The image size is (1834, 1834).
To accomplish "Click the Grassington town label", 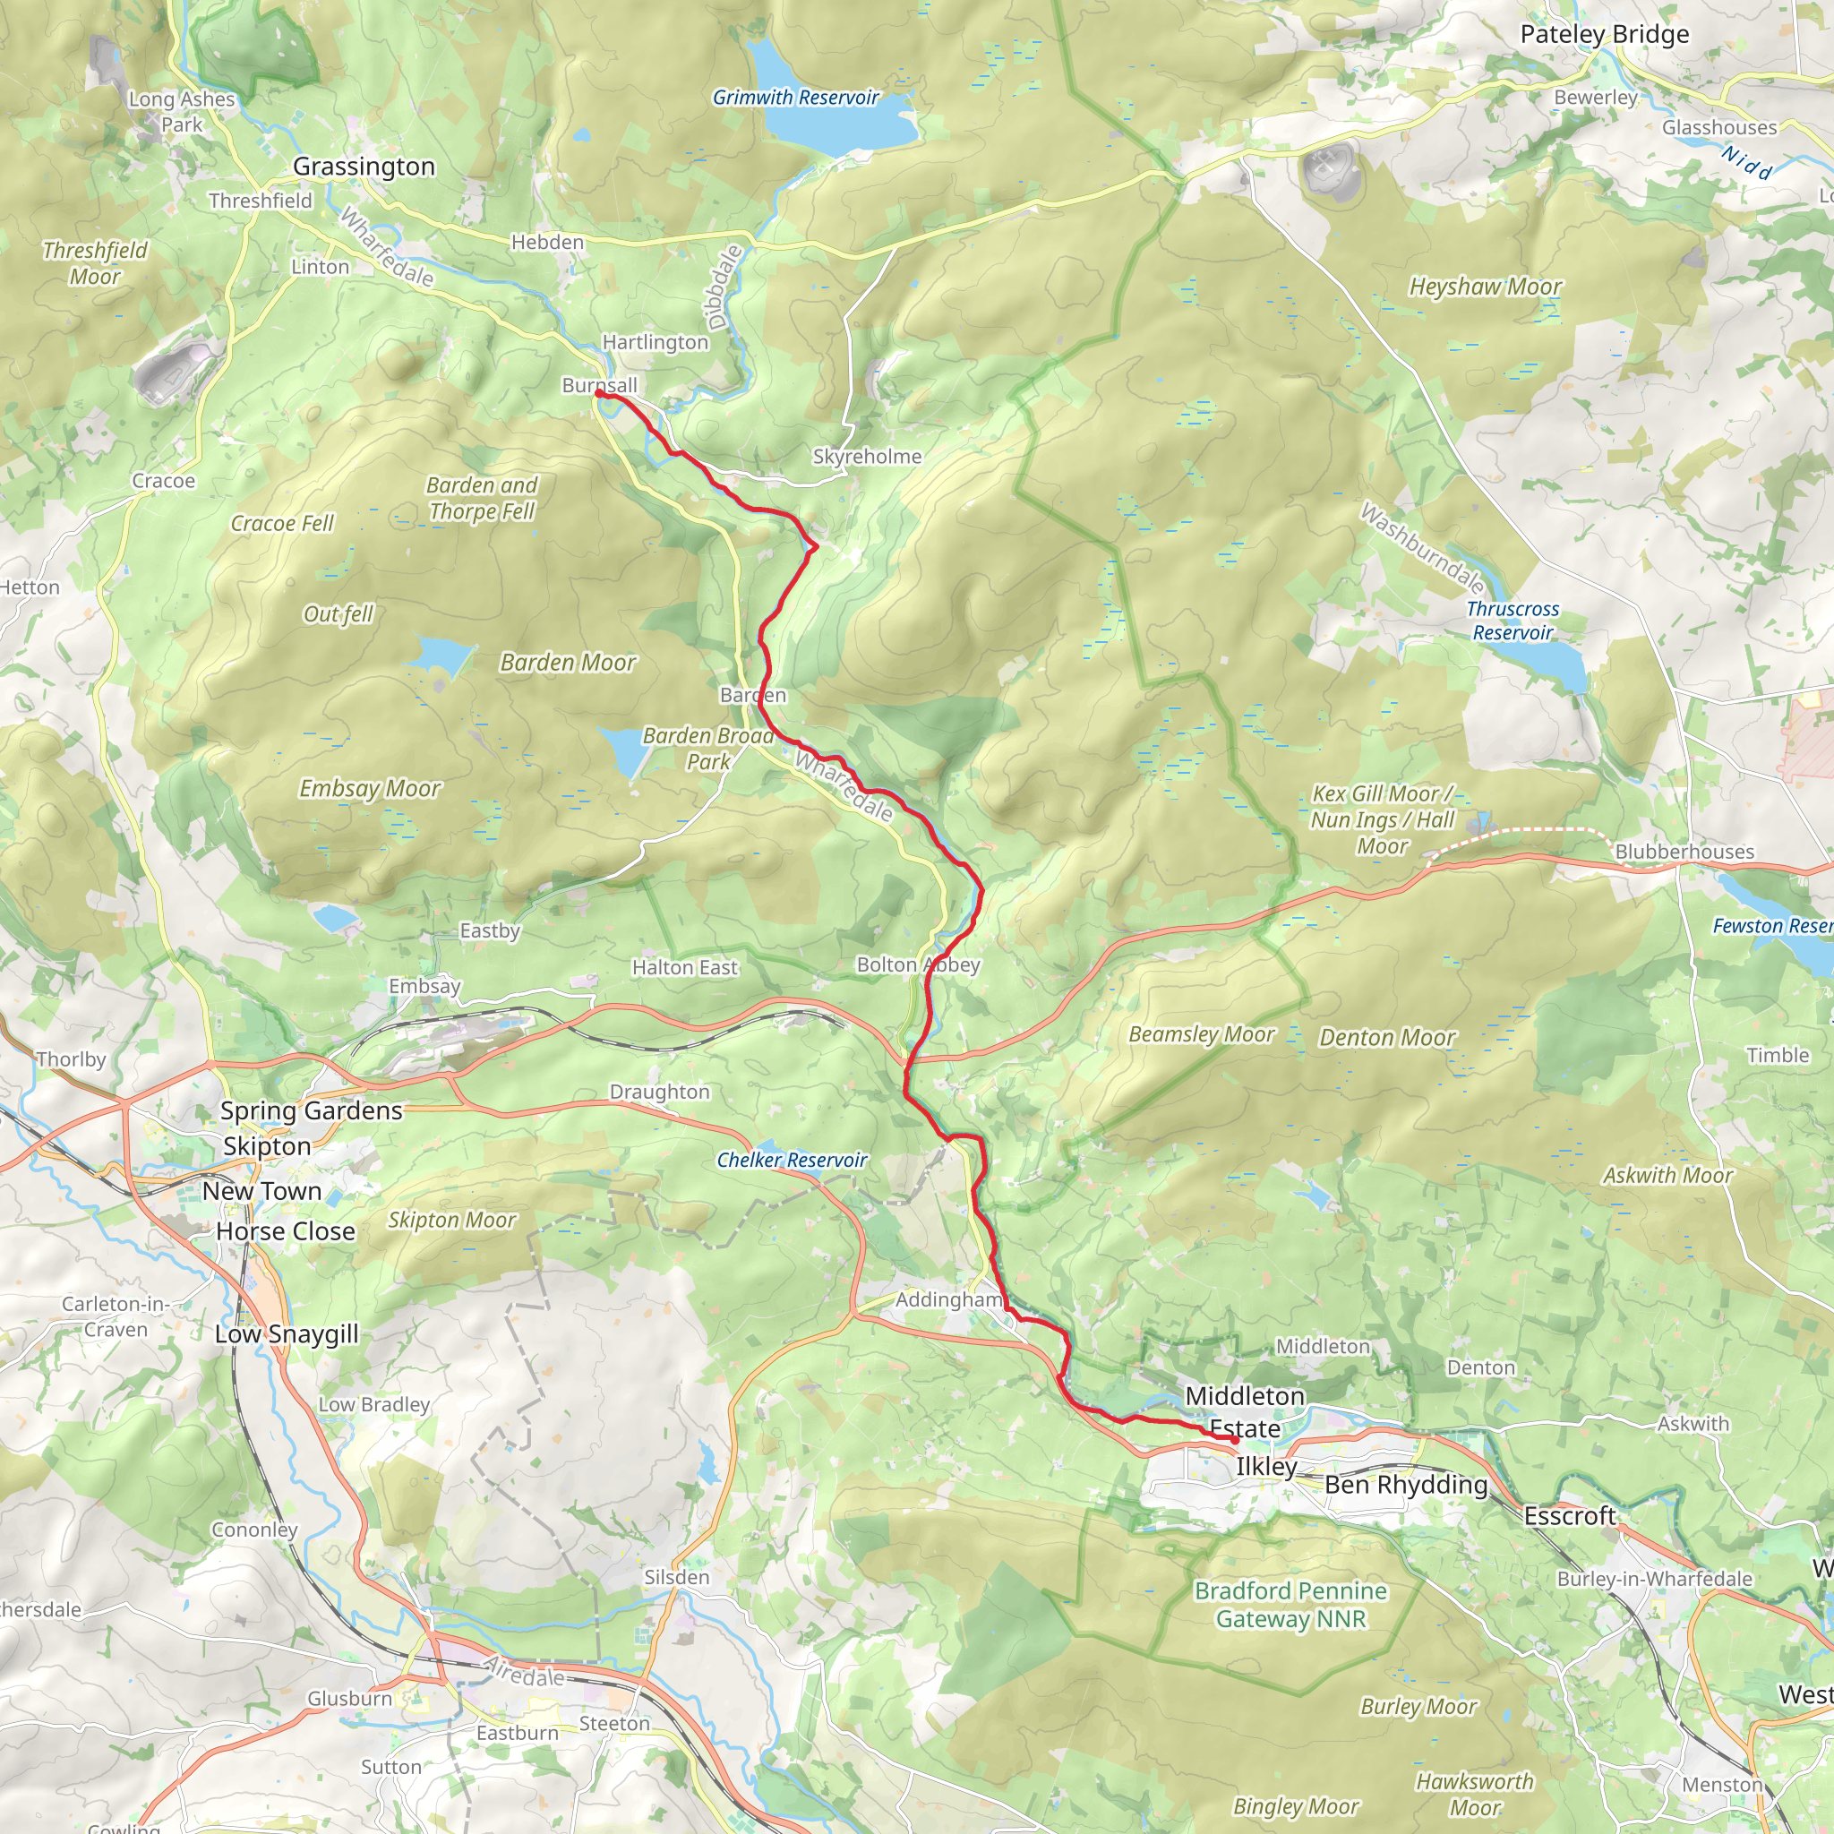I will pos(364,167).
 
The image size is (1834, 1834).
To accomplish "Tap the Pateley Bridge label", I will pos(1604,35).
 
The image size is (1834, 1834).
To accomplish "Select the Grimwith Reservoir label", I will pos(795,98).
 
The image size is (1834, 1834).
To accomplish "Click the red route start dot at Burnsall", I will pos(599,392).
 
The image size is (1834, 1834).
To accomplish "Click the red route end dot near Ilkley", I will pos(1234,1440).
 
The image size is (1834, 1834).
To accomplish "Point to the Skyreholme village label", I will pos(867,457).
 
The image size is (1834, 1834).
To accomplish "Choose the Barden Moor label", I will pos(568,663).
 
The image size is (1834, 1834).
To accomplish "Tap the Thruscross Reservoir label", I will pos(1513,621).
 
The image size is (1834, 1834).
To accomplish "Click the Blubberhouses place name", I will pos(1684,852).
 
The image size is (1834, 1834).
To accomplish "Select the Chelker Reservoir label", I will pos(792,1160).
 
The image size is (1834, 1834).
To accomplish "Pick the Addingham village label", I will pos(948,1299).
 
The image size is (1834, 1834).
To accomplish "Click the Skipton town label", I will pos(267,1147).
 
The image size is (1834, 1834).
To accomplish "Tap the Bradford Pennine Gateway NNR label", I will pos(1290,1604).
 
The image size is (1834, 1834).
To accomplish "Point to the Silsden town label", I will pos(677,1578).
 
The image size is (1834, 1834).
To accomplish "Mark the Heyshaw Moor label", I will pos(1485,287).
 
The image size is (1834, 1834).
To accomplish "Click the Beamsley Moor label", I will pos(1201,1034).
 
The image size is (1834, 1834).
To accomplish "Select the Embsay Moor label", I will pos(369,789).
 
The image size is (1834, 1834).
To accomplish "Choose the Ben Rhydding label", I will pos(1405,1485).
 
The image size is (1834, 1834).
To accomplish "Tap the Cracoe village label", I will pos(163,481).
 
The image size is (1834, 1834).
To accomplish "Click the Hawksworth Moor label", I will pos(1474,1794).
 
